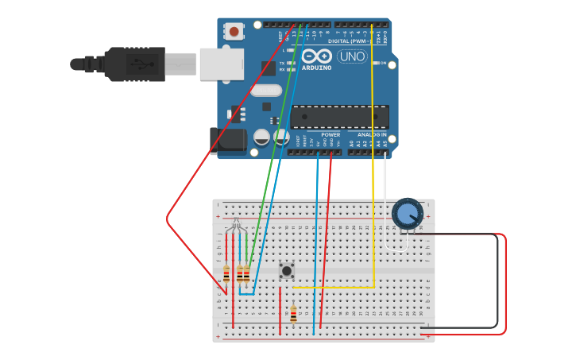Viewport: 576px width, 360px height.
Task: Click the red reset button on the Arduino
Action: [x=234, y=32]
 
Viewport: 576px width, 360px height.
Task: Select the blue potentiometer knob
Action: [x=408, y=214]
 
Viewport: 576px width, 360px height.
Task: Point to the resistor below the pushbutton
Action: [x=293, y=315]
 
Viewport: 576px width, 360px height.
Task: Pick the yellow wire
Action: [x=373, y=159]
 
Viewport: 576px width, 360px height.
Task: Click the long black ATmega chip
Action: [x=339, y=117]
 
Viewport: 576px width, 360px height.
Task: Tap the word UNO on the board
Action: [x=351, y=56]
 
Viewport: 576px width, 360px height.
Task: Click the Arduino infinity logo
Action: [x=315, y=56]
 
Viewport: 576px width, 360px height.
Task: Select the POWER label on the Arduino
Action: [x=331, y=135]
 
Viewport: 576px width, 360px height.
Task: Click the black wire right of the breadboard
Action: [x=497, y=278]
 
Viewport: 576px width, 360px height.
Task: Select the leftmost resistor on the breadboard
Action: [x=226, y=275]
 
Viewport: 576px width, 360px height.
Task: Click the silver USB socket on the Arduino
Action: [x=221, y=64]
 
